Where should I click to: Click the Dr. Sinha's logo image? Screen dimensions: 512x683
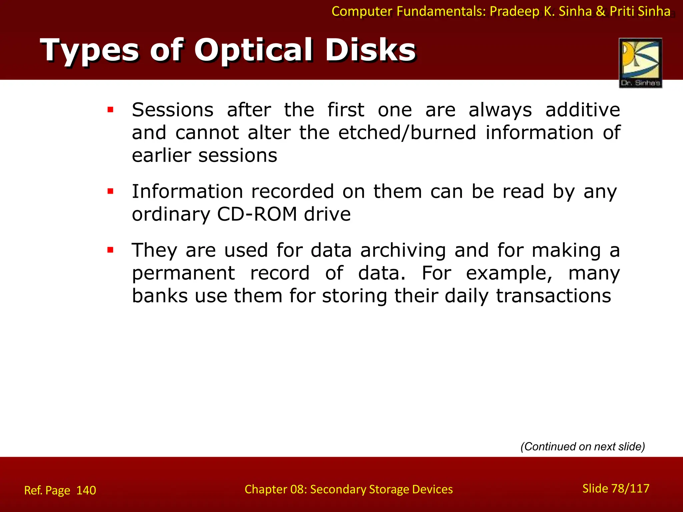[640, 63]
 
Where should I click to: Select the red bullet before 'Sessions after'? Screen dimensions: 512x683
[110, 110]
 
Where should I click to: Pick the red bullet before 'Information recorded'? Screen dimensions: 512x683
[110, 191]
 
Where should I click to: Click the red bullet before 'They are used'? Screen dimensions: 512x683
[110, 250]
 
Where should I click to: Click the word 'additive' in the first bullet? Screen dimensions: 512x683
[582, 110]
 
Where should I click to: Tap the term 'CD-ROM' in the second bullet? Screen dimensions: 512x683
[256, 214]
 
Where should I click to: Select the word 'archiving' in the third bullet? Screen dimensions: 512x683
[403, 250]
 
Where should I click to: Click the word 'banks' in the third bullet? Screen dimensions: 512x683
[160, 296]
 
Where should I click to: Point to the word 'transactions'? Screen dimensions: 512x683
[553, 296]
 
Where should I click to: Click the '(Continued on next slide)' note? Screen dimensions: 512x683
[583, 446]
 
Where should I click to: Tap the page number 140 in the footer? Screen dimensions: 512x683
[86, 490]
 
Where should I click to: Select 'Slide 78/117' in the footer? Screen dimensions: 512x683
[616, 488]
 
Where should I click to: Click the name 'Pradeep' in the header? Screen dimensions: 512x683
[514, 12]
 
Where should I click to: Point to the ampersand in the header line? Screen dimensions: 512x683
[600, 12]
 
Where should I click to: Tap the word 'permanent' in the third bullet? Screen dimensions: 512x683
[183, 273]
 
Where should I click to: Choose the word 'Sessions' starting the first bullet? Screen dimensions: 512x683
[172, 110]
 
